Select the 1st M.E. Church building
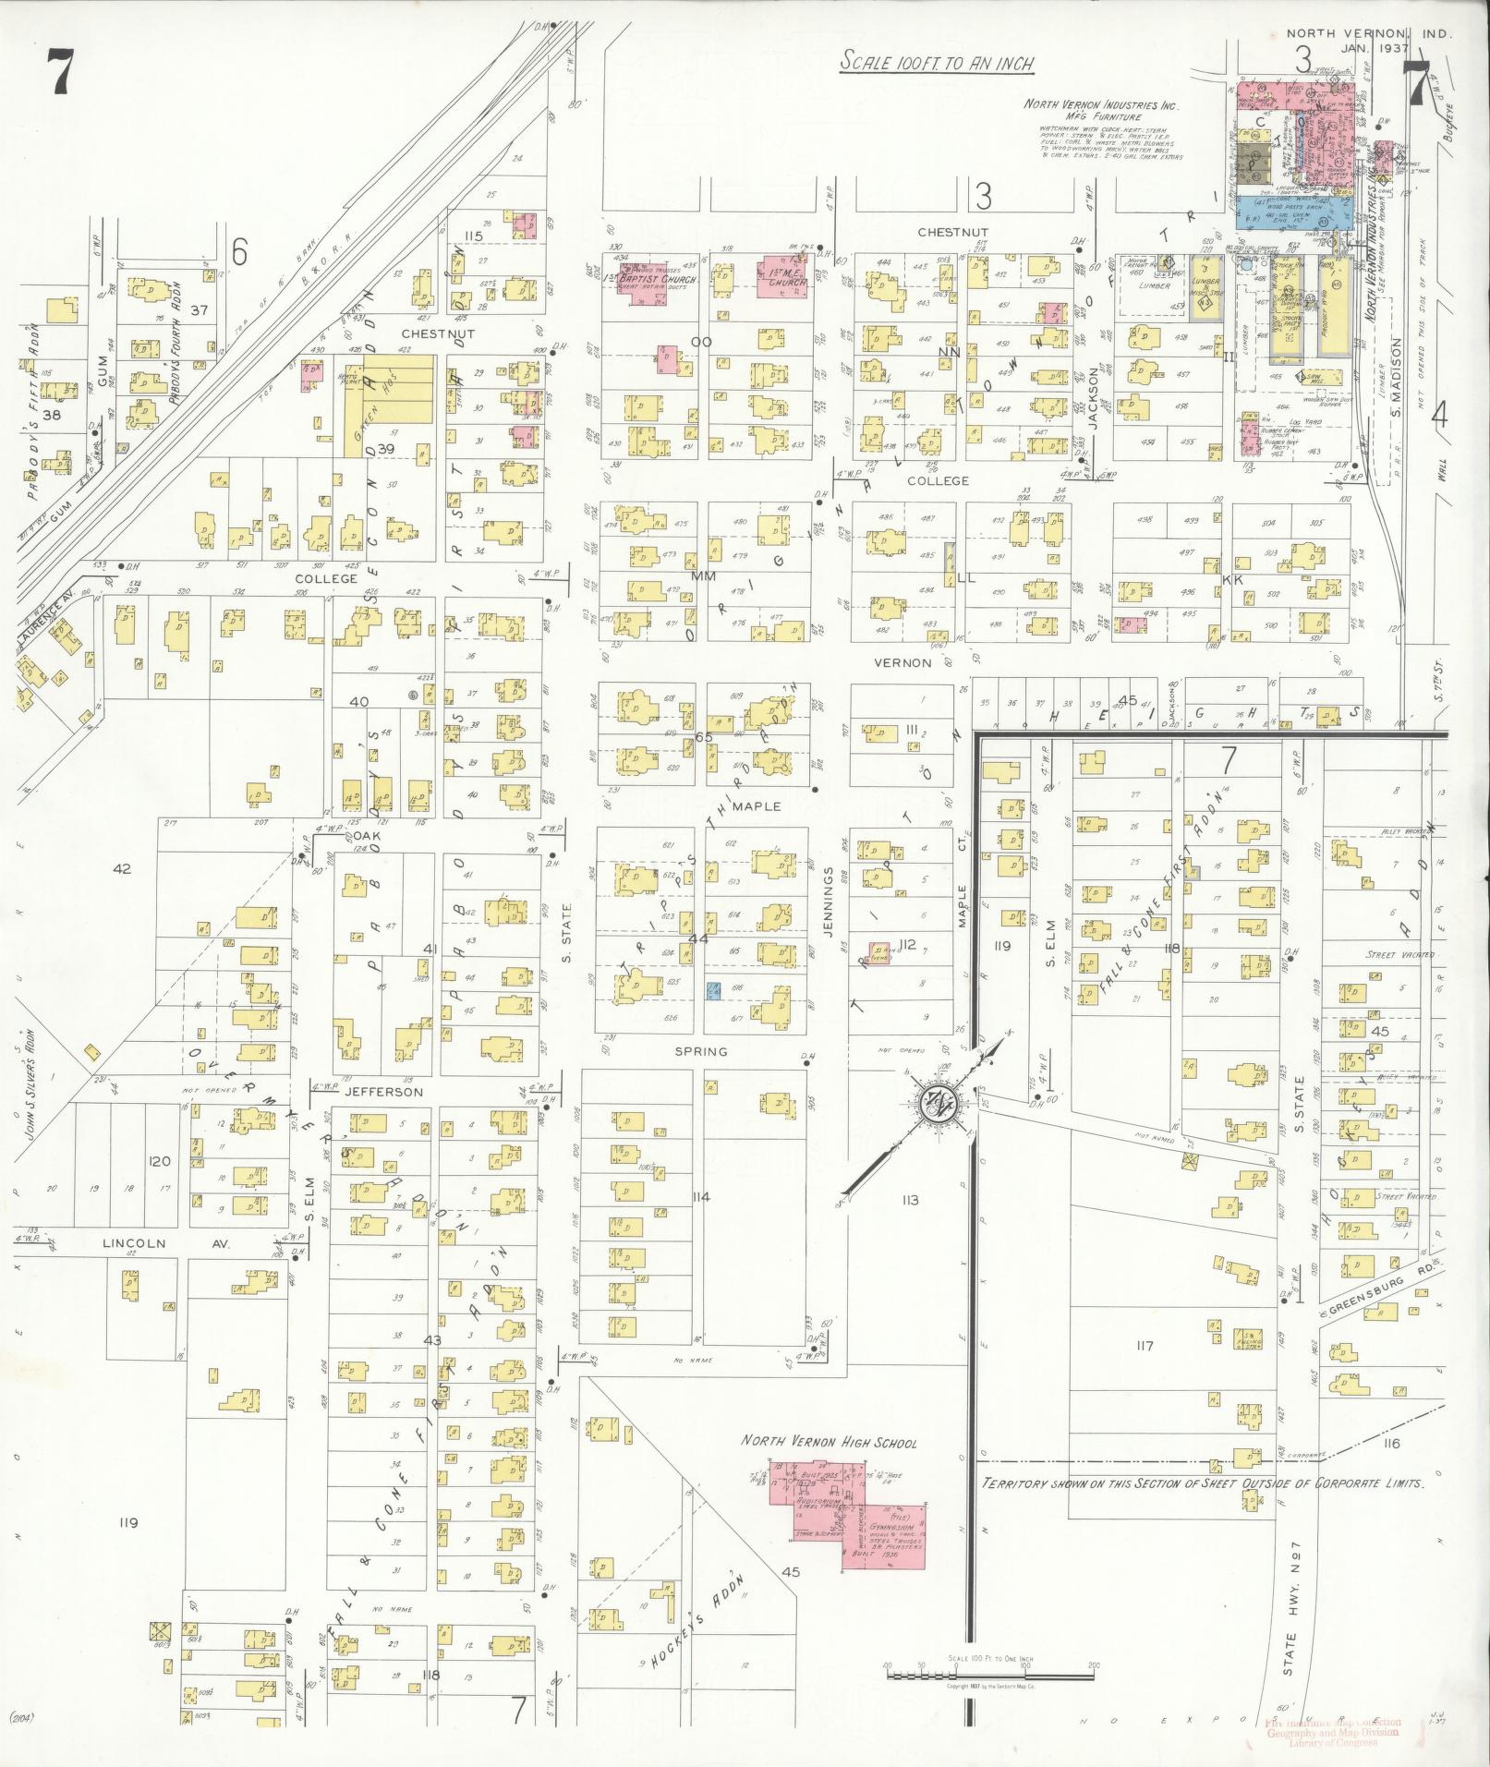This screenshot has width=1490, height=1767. point(782,276)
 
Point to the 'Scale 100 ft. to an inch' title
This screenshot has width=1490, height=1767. point(936,64)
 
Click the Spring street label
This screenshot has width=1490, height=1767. point(701,1051)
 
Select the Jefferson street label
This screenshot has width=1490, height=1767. point(383,1091)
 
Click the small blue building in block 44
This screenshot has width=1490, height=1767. point(712,990)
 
